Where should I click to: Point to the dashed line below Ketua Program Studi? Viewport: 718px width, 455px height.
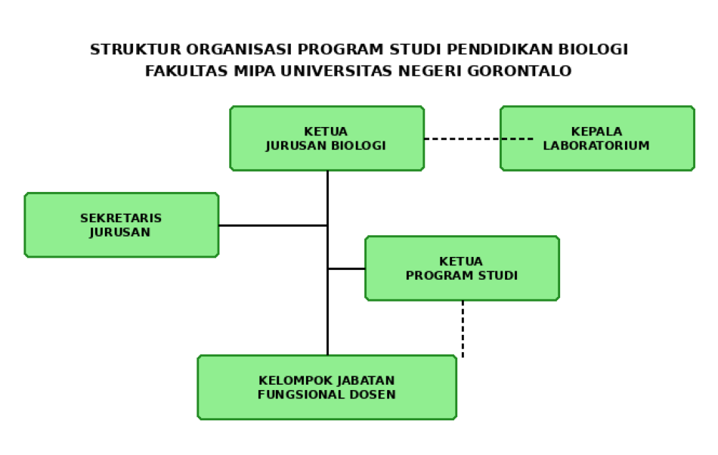pos(463,328)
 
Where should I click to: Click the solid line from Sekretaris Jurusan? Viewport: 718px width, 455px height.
pos(272,225)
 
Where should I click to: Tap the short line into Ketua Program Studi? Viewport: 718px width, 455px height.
pos(347,268)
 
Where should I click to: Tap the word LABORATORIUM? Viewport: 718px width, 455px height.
pos(596,146)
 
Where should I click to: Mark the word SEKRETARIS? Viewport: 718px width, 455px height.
pos(121,218)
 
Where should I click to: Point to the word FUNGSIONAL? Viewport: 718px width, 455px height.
pos(300,395)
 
